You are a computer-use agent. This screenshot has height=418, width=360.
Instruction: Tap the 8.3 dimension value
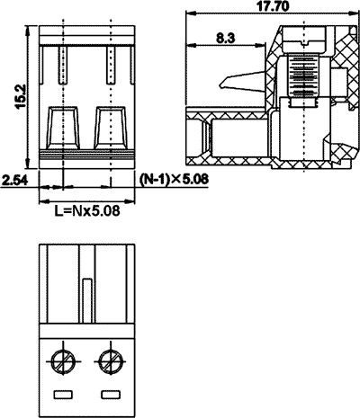click(227, 38)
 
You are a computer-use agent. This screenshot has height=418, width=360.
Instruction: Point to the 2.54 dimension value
click(14, 180)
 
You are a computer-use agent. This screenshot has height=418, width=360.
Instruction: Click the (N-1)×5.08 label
click(176, 180)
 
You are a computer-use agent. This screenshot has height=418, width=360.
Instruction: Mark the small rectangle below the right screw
click(111, 394)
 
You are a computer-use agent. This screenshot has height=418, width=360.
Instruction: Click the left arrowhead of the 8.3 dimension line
click(186, 46)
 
